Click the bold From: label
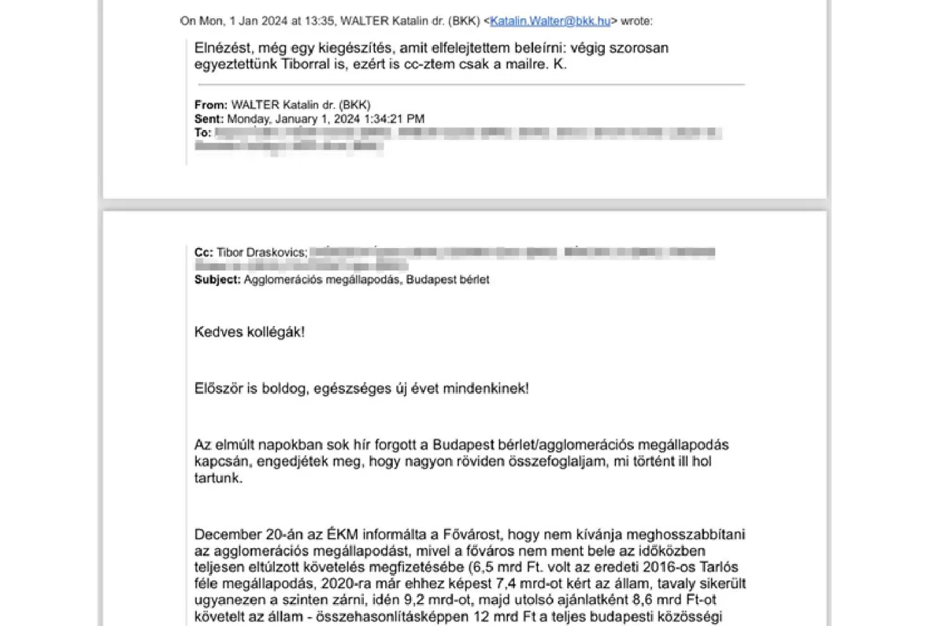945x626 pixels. (x=210, y=105)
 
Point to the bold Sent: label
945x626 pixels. (x=209, y=119)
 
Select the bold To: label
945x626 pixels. (x=202, y=133)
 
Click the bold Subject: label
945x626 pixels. (x=217, y=280)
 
